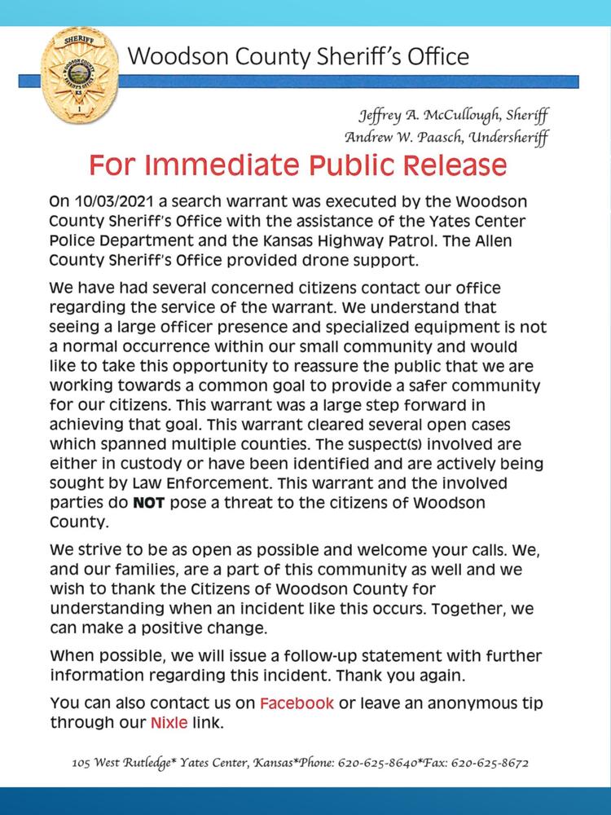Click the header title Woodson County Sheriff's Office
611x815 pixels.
tap(298, 56)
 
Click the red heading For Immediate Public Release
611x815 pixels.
tap(298, 165)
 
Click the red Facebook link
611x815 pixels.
tap(297, 703)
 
